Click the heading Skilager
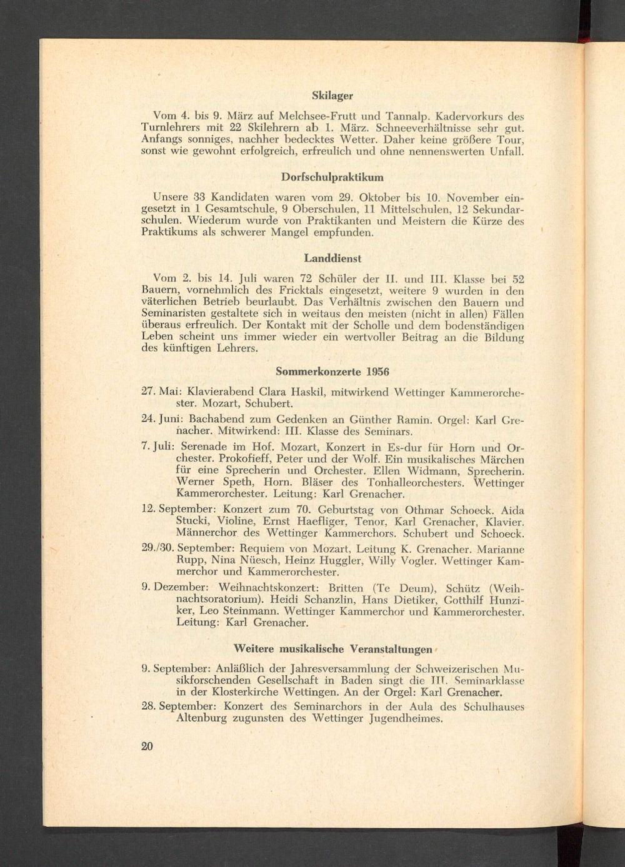(x=332, y=96)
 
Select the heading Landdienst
(x=332, y=257)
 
